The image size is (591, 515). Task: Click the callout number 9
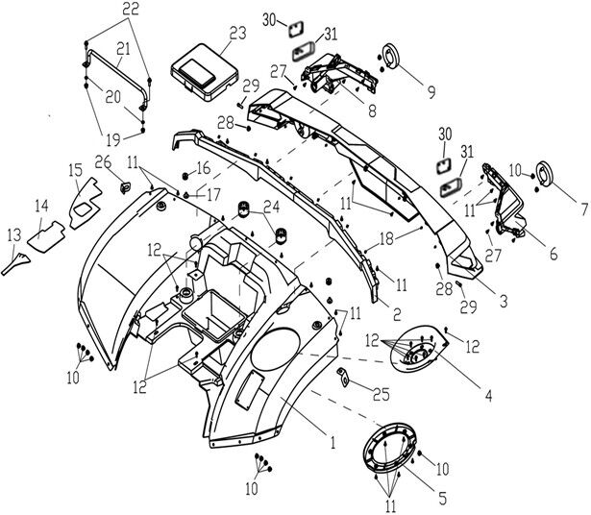(x=431, y=93)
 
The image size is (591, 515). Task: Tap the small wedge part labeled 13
(x=17, y=259)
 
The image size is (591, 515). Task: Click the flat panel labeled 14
(x=46, y=234)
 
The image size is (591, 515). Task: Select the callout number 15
(x=73, y=170)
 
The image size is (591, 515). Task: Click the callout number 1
(x=332, y=444)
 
